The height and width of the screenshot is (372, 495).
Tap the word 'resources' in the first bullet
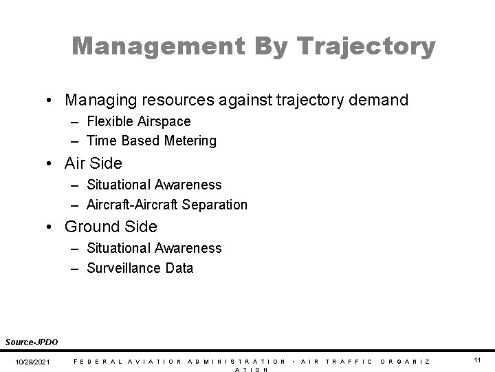(x=186, y=101)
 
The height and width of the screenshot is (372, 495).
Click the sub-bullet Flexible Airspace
(x=138, y=121)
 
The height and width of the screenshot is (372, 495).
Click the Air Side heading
(x=93, y=163)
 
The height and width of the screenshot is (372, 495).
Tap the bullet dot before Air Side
(x=52, y=164)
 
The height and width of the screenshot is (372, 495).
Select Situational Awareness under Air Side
(x=154, y=185)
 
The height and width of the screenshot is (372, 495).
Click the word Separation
(x=214, y=205)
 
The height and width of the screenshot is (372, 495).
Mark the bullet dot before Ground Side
(x=52, y=227)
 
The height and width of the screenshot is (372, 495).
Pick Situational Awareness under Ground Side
(x=154, y=248)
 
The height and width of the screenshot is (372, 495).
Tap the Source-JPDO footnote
(x=32, y=342)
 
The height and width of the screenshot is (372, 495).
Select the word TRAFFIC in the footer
(x=349, y=361)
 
